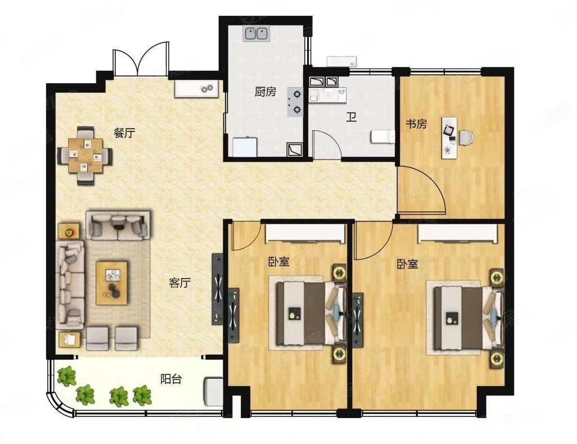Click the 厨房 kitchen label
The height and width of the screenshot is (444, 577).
(x=265, y=92)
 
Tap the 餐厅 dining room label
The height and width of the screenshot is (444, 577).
(x=124, y=133)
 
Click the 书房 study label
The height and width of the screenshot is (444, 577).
(x=417, y=124)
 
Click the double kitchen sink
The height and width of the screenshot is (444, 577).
(x=256, y=34)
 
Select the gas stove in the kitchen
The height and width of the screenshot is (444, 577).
(x=295, y=102)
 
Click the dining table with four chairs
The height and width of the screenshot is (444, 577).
(x=85, y=155)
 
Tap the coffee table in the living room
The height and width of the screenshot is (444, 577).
(x=111, y=282)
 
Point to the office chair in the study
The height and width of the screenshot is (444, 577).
(x=465, y=137)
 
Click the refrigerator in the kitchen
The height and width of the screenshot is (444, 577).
(x=245, y=147)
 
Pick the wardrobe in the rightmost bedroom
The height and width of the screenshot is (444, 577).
(x=457, y=232)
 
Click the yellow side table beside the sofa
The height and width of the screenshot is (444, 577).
(x=70, y=230)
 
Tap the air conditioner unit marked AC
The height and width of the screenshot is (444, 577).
(x=341, y=62)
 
